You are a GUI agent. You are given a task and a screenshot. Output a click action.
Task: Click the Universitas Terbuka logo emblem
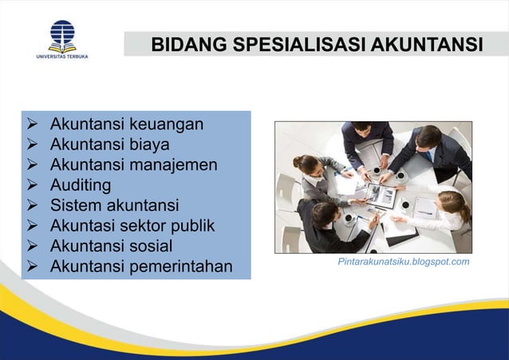61,34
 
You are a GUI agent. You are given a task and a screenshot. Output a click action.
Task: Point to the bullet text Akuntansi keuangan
126,125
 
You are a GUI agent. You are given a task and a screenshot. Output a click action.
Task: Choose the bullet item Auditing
81,185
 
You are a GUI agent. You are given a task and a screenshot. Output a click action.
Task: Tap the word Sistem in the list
76,205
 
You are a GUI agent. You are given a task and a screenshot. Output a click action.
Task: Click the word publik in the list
191,225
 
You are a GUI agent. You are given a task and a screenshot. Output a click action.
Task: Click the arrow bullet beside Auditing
33,185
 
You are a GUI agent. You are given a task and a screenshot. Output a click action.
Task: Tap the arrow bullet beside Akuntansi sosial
33,245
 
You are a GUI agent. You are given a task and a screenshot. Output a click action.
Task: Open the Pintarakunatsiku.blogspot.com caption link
404,261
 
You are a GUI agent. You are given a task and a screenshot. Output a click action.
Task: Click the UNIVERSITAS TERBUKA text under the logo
61,57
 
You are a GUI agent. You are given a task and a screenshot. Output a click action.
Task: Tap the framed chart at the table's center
381,194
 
